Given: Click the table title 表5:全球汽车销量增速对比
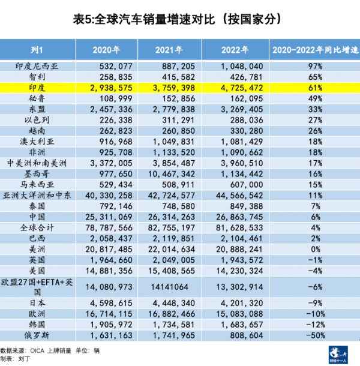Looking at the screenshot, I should click(179, 19).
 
